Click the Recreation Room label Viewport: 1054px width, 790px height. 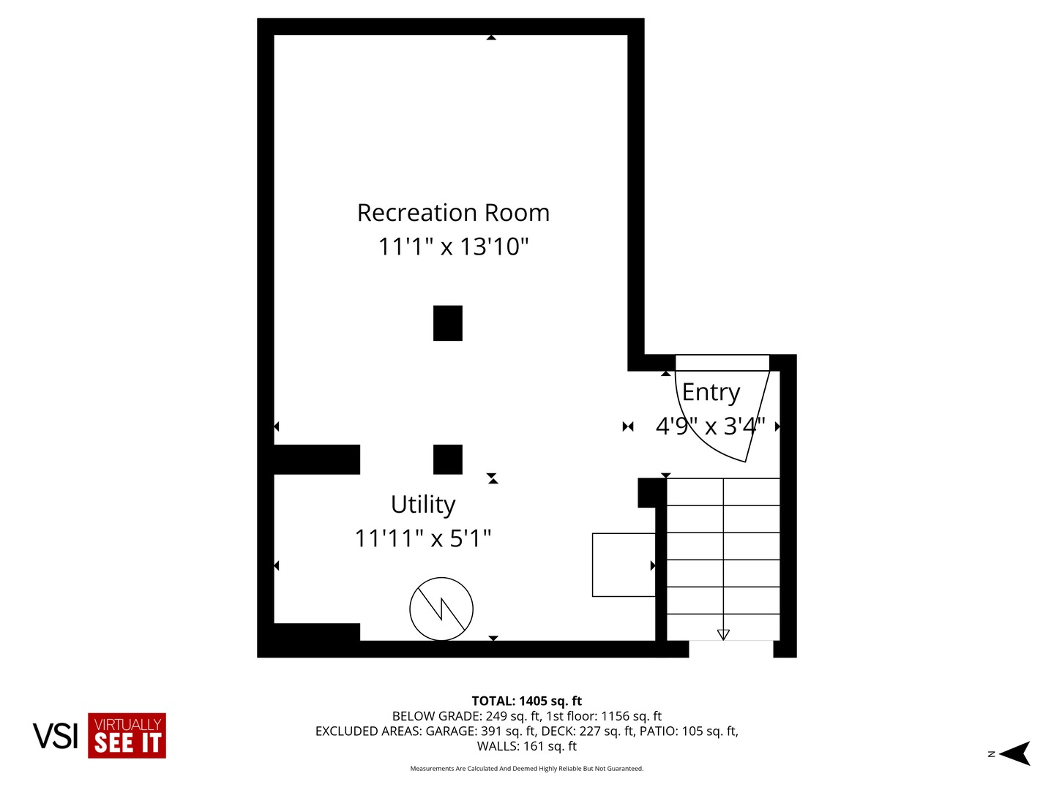[x=453, y=213]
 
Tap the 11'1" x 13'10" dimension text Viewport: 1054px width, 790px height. [x=453, y=247]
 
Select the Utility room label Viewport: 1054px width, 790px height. [x=423, y=505]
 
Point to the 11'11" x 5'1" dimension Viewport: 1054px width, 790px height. [x=423, y=538]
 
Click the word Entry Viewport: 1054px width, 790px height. [x=711, y=393]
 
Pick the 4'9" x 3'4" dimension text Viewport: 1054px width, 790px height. [x=710, y=426]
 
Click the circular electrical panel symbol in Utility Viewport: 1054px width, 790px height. [x=441, y=609]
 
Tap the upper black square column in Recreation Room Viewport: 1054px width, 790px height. [x=448, y=323]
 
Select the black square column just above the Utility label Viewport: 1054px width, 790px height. [x=448, y=459]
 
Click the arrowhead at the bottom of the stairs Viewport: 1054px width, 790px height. [x=723, y=634]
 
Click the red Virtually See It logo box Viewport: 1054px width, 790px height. [x=127, y=736]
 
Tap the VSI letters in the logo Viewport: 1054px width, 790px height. [x=55, y=736]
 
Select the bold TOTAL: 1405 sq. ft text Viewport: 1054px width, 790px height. [x=526, y=701]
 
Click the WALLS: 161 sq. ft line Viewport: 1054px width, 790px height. [x=526, y=746]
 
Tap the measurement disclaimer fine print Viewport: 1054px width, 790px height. [x=526, y=769]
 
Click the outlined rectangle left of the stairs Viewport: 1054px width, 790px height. [x=624, y=565]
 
